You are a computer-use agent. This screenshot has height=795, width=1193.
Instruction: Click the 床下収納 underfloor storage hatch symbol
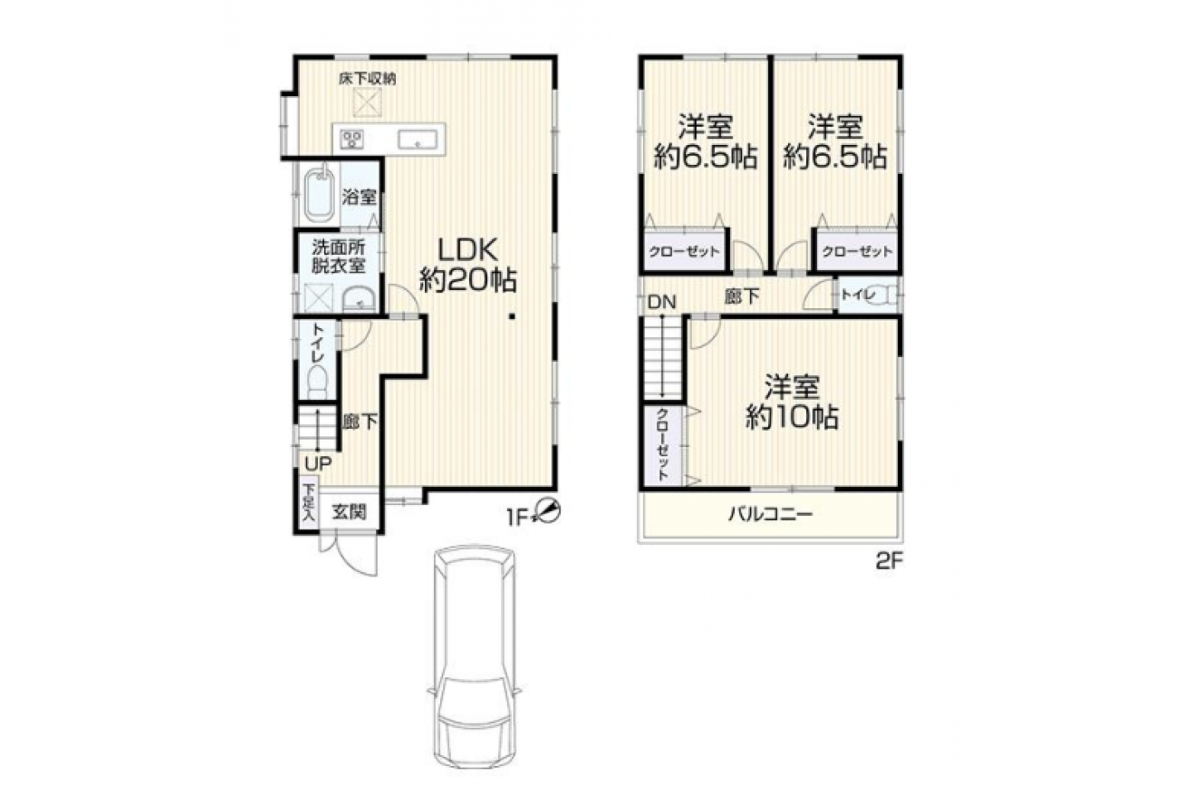click(x=368, y=104)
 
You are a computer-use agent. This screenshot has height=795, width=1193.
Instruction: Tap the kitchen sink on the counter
click(x=418, y=140)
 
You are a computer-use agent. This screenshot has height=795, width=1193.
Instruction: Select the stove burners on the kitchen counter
click(x=352, y=140)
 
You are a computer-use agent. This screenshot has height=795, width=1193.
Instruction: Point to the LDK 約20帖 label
click(x=467, y=265)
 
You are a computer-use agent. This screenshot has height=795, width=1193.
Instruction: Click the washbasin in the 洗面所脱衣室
click(x=358, y=299)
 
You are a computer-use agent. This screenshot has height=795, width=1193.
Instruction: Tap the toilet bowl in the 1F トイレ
click(x=317, y=382)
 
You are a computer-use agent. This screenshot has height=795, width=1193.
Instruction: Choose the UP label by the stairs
click(x=318, y=464)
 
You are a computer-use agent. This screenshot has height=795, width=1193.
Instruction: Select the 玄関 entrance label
click(x=350, y=513)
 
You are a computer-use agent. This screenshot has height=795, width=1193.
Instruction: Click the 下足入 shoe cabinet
click(x=309, y=506)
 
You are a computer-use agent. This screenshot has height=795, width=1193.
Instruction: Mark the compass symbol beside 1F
click(x=548, y=511)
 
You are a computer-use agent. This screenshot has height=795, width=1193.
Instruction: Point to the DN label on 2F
click(x=661, y=302)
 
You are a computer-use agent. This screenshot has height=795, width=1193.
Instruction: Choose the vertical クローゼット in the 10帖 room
click(x=663, y=446)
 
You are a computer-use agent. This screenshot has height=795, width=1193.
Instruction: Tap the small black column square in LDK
click(x=511, y=317)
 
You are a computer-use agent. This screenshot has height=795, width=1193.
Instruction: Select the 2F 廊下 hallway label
click(x=742, y=296)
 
